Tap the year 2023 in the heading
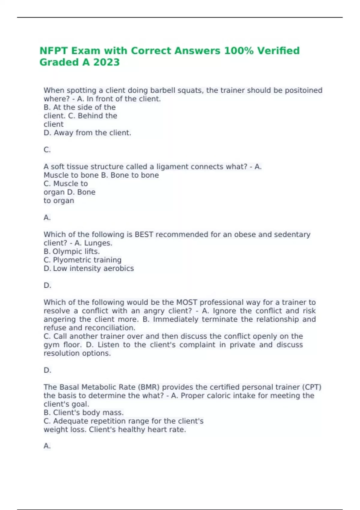[106, 62]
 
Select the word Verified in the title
[278, 51]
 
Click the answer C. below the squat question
[47, 150]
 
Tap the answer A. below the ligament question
[47, 217]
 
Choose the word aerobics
[118, 268]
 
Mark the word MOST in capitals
[187, 302]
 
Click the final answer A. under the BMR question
[47, 446]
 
